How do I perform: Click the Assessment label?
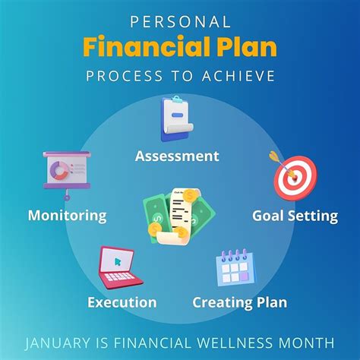177,156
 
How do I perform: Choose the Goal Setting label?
295,216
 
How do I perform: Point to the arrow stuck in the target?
275,159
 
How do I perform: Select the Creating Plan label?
239,303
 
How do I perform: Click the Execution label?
122,303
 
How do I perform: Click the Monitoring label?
67,216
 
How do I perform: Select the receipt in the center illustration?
180,214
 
